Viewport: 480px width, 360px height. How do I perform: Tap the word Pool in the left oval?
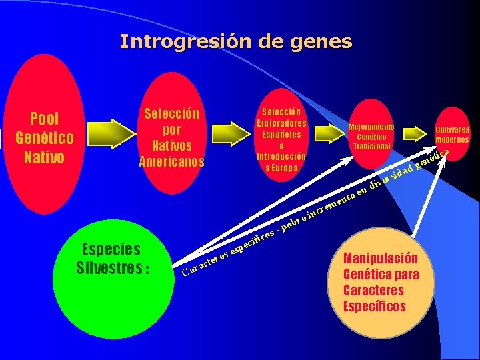point(45,119)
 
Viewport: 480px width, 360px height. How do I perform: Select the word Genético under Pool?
point(45,138)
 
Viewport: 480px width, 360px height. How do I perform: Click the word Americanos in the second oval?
point(172,161)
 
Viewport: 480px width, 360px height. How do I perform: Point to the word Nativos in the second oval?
point(172,145)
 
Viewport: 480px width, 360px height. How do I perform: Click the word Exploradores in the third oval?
point(281,123)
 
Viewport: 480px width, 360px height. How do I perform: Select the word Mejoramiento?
point(372,127)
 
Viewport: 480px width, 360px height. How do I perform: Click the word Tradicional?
point(372,146)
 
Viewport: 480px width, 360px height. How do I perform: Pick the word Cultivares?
point(453,130)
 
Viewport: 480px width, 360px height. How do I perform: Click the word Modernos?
point(453,140)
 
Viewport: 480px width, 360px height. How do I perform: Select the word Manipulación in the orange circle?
point(381,258)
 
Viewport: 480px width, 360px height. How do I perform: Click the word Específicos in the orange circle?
point(374,307)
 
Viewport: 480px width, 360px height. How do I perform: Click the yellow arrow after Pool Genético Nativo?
point(108,132)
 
